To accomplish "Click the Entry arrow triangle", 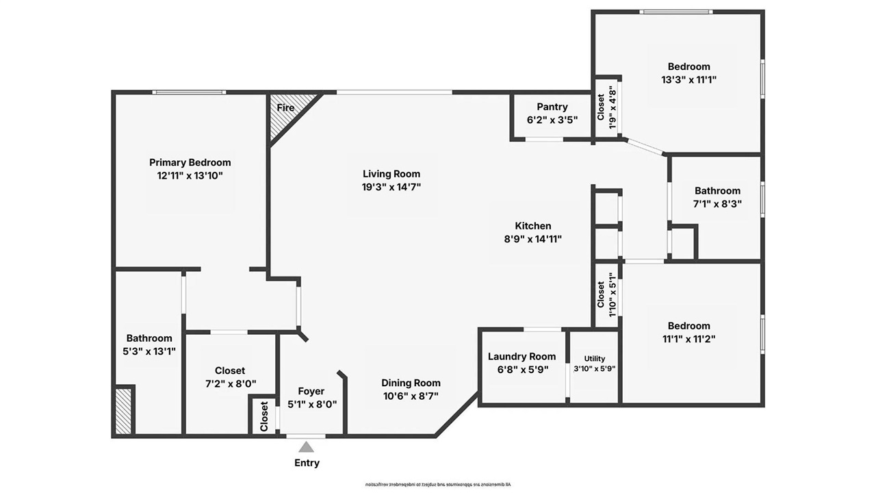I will (307, 447).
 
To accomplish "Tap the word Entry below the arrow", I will (307, 463).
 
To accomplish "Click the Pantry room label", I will (552, 107).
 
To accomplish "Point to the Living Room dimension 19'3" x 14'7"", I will (391, 187).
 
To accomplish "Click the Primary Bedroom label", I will (190, 162).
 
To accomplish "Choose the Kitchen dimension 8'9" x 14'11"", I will (532, 239).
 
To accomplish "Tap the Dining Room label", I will (411, 383).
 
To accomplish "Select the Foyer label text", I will (311, 392).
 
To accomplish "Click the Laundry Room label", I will (522, 357).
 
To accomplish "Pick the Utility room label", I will (594, 359).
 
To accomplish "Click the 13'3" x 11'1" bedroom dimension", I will (688, 79).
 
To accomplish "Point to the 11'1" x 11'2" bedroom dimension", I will (688, 338).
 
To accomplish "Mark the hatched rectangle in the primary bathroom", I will (123, 410).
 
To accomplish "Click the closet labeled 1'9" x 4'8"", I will (606, 107).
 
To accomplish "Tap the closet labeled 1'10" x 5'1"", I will (606, 295).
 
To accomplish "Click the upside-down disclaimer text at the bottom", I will (437, 484).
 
